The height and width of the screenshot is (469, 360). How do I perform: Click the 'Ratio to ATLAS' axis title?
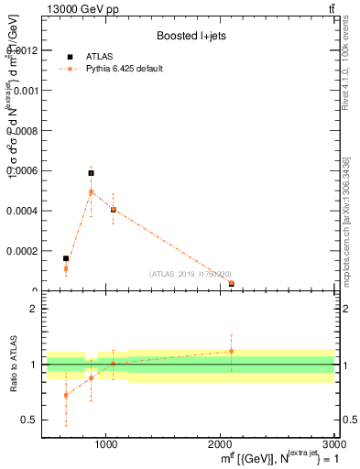point(13,365)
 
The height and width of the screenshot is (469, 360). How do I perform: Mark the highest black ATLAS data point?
point(91,172)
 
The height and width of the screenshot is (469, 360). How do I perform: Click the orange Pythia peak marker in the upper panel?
point(91,191)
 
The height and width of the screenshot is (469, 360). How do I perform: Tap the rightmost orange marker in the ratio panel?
point(232,351)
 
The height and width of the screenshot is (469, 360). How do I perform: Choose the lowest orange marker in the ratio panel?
point(66,395)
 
